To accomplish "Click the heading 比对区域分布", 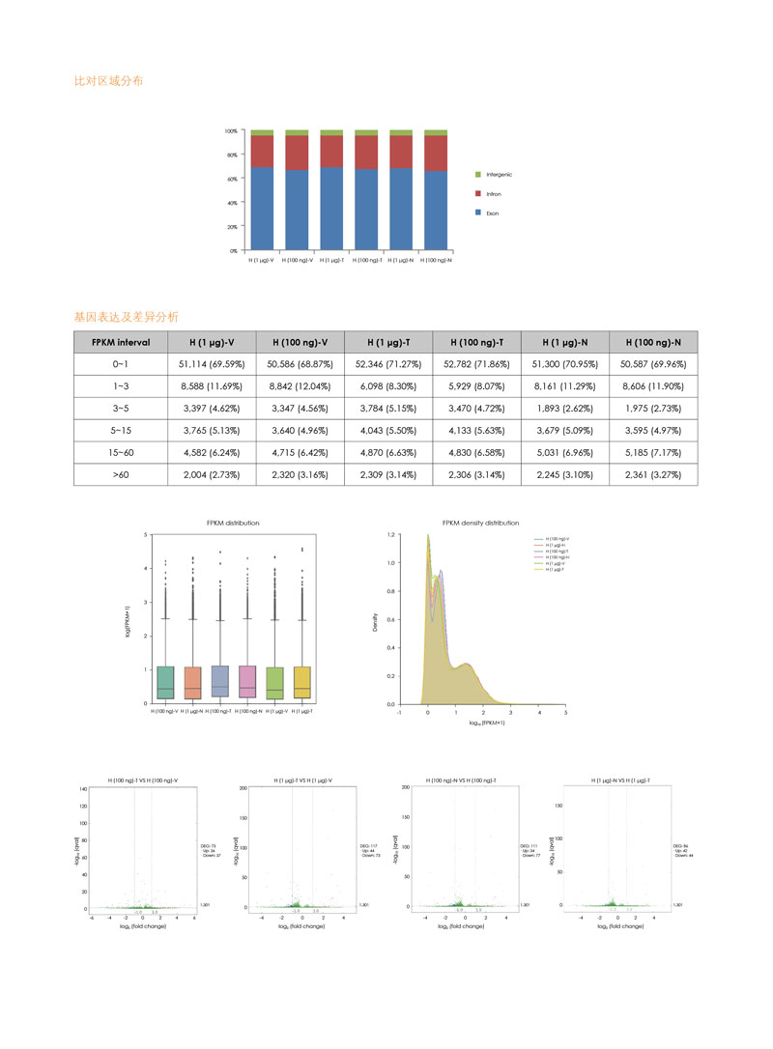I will point(109,81).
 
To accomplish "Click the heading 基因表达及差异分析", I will point(126,316).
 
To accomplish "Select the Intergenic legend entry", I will point(499,174).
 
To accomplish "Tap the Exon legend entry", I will point(492,211).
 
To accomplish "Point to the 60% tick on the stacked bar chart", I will point(231,179).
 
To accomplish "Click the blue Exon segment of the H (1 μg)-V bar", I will point(262,209).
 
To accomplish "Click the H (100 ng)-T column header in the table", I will point(476,342).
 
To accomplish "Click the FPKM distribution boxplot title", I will point(233,523).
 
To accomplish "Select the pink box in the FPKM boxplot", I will point(247,682).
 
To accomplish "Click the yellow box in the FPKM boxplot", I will point(301,682).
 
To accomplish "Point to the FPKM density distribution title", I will point(480,523).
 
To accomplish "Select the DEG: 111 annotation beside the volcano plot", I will point(530,844).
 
